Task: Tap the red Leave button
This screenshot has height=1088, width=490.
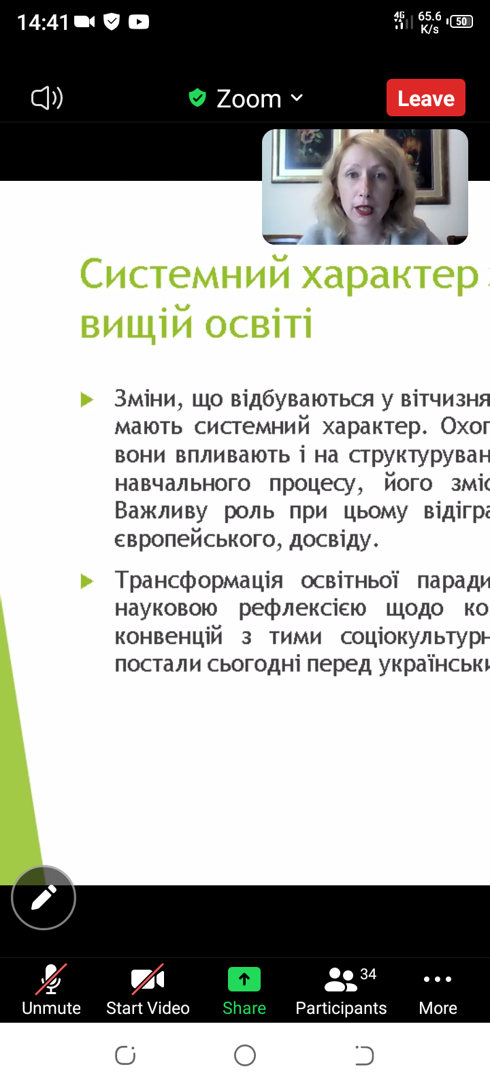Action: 426,98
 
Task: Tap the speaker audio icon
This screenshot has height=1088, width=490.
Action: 47,98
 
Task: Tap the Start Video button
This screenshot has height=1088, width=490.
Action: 148,991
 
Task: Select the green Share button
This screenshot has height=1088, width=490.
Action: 244,991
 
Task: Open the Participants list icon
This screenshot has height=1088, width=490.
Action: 341,979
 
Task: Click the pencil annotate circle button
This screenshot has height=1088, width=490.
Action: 44,897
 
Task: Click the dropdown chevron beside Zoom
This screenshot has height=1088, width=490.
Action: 297,98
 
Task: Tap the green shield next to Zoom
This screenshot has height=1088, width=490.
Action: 197,98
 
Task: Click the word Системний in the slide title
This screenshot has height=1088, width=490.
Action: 185,275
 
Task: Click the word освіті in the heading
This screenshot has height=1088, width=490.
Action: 258,324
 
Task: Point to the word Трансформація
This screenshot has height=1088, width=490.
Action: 199,580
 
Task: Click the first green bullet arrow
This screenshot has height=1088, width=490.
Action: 87,400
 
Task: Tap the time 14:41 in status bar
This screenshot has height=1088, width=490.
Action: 43,22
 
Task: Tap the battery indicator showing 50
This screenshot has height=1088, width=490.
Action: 460,21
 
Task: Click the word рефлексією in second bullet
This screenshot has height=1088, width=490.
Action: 302,608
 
